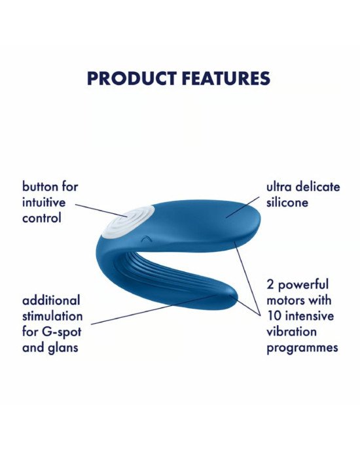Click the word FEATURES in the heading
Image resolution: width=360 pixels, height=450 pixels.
pos(226,78)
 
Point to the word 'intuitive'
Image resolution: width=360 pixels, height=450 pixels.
pos(44,202)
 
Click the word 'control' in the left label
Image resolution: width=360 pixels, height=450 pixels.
pos(42,218)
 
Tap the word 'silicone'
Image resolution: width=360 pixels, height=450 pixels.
pos(287,202)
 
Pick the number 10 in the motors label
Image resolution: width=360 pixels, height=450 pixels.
pos(274,316)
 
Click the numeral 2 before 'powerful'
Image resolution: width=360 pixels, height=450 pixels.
pos(270,285)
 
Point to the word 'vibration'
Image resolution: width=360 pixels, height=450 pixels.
pos(292,332)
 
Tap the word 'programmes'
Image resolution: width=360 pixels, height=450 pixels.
pos(302,349)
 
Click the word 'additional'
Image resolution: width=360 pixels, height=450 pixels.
pos(51,300)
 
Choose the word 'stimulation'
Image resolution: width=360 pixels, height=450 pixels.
pos(52,317)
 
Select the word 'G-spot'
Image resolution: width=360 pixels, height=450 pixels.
pos(62,332)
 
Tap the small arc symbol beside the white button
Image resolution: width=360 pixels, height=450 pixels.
pos(146,238)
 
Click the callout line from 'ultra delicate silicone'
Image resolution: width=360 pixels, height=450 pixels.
pos(242,207)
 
